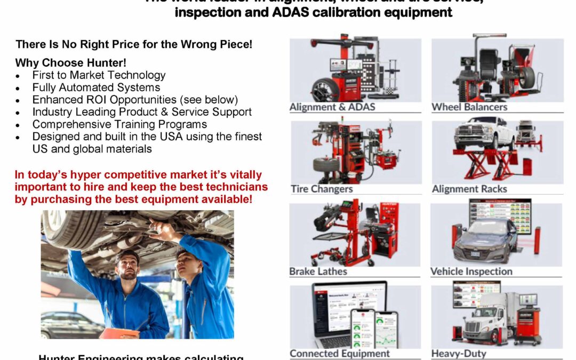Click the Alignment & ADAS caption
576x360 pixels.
(332, 107)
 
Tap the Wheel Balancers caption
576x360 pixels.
(469, 107)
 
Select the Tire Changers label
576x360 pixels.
(322, 189)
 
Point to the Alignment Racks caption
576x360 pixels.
(469, 189)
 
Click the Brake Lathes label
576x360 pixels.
(318, 271)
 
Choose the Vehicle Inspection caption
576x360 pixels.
(471, 271)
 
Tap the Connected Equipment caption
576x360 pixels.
(340, 353)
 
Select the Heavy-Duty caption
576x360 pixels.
(459, 353)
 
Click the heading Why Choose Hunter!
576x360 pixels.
(71, 63)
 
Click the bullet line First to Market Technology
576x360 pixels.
(99, 75)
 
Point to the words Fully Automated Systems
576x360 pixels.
(96, 87)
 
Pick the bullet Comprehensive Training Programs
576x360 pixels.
(119, 124)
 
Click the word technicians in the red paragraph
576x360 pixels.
(237, 187)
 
